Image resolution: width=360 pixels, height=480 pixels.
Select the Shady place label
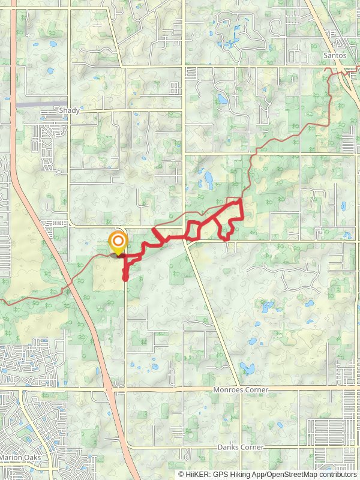pos(69,110)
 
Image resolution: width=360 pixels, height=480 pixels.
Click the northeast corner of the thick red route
pos(241,199)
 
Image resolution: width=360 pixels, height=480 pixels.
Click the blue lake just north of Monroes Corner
pos(245,368)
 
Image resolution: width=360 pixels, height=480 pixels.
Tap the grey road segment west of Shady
pos(36,104)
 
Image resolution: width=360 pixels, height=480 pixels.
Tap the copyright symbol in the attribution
pos(182,474)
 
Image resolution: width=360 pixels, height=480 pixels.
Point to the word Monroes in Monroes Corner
pos(227,389)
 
